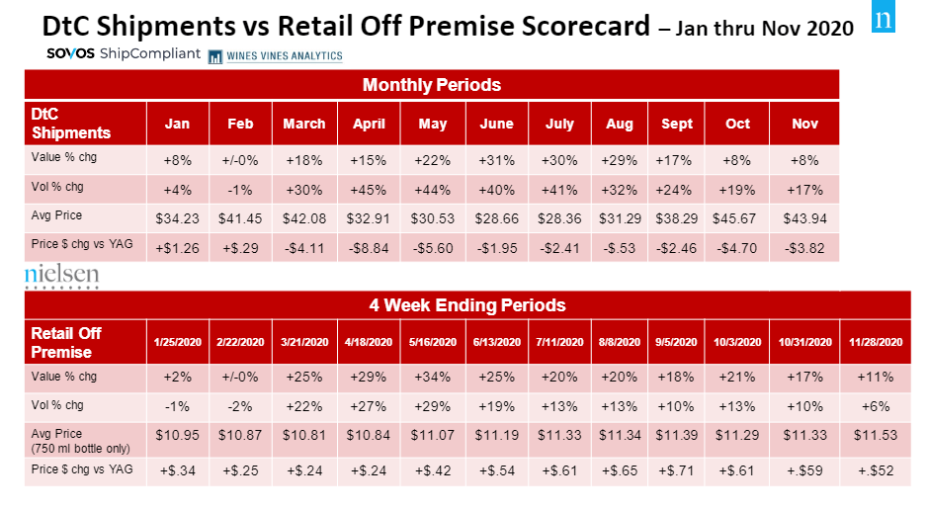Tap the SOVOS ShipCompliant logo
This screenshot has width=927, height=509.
124,53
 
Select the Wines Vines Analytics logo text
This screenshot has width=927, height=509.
276,55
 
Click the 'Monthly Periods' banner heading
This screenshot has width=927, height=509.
432,84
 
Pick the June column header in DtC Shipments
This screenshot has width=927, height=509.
496,124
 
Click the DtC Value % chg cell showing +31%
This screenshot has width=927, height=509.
496,159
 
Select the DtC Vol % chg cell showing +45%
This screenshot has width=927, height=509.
368,188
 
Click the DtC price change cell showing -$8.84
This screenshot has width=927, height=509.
368,247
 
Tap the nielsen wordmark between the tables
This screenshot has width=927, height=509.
61,276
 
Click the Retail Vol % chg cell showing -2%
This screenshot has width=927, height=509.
240,405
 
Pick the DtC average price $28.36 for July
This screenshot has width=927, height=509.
559,217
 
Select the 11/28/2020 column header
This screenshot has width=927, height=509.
876,342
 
